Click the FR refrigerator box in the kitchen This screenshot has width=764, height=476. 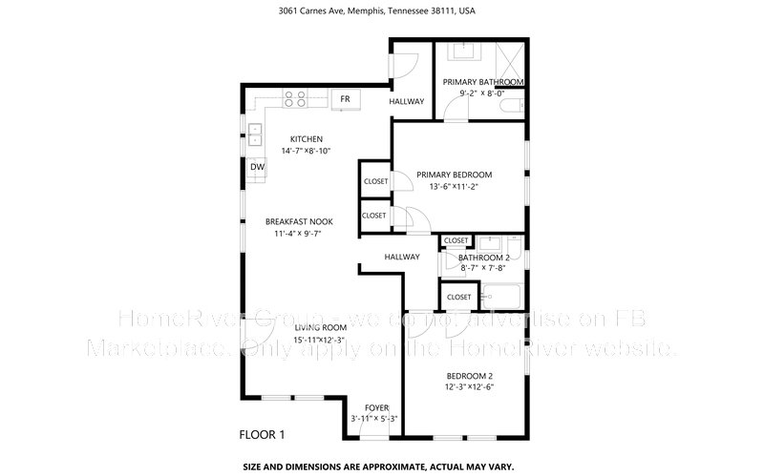pyautogui.click(x=345, y=99)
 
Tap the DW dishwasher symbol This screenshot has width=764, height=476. pyautogui.click(x=257, y=168)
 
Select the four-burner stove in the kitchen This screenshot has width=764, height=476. pyautogui.click(x=294, y=96)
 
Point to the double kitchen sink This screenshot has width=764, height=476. pyautogui.click(x=255, y=135)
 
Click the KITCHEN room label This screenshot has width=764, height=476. pyautogui.click(x=294, y=139)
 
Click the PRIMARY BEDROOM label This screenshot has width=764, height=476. pyautogui.click(x=454, y=175)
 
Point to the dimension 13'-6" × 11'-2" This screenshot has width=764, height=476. pyautogui.click(x=454, y=187)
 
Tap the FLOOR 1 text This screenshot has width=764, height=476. pyautogui.click(x=262, y=435)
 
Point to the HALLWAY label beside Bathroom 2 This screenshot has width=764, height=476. pyautogui.click(x=402, y=257)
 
